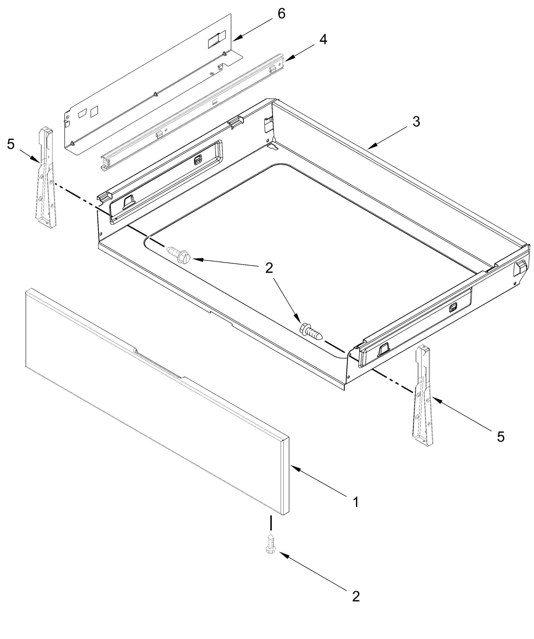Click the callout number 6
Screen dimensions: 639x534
(281, 14)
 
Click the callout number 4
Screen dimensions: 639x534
(323, 40)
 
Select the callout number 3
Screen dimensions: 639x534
(416, 122)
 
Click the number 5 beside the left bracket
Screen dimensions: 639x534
(11, 144)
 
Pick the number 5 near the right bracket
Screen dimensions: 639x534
(500, 437)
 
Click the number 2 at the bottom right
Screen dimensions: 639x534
(355, 596)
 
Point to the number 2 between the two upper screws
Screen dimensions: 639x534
(269, 268)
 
